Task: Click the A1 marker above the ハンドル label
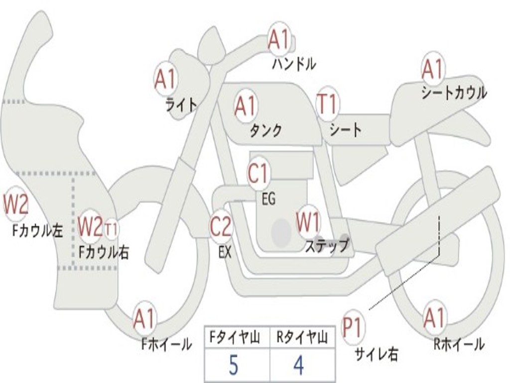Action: [279, 39]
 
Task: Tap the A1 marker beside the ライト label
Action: [165, 79]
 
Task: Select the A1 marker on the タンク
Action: [245, 106]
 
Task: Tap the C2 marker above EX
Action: [221, 226]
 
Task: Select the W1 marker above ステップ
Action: [308, 222]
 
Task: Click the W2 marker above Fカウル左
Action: [15, 204]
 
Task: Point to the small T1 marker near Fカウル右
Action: [111, 228]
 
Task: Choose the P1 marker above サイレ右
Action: [352, 327]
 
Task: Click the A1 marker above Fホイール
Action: [144, 319]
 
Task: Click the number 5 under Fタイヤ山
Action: [234, 365]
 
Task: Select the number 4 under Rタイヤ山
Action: [299, 365]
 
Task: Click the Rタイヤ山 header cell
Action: [302, 337]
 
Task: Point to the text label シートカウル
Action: [454, 92]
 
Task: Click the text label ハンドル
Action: [294, 64]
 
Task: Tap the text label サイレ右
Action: [377, 354]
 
